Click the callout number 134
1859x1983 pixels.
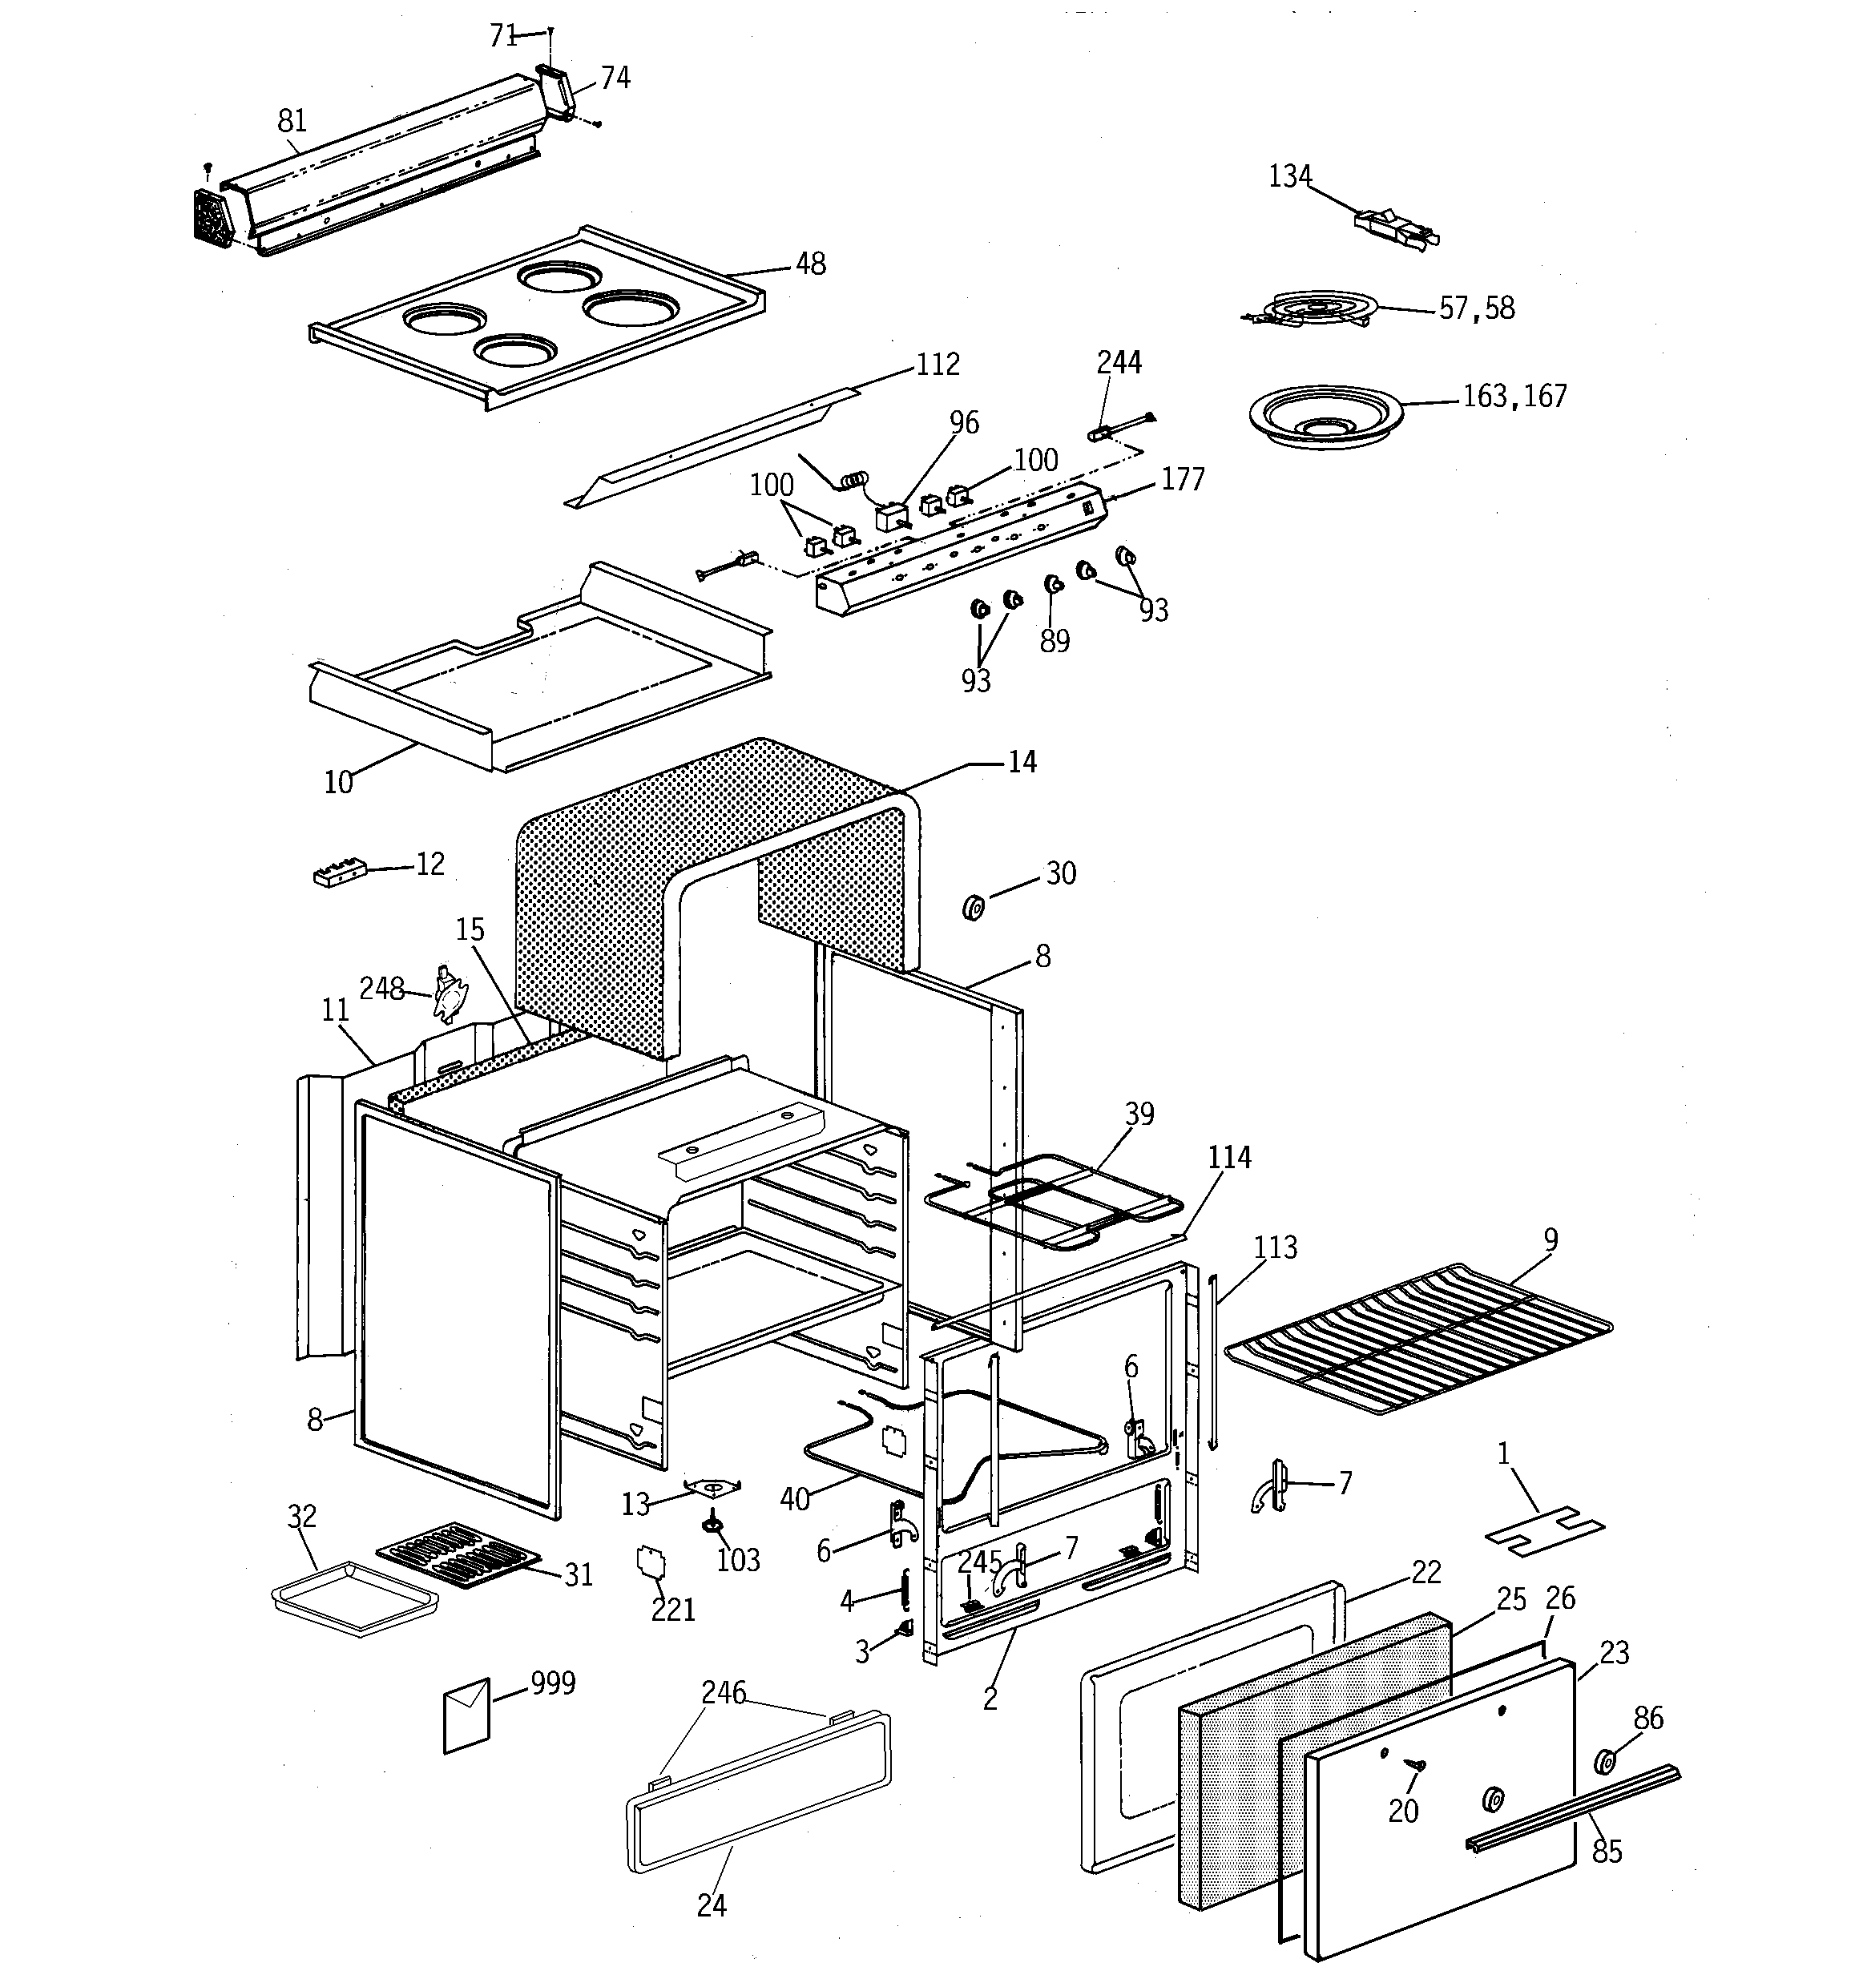point(1289,176)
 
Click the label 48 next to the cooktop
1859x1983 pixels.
point(810,264)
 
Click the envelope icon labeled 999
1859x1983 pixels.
point(466,1715)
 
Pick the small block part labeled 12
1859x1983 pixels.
point(339,874)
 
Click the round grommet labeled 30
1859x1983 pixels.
point(973,908)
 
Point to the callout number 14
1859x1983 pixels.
point(1022,762)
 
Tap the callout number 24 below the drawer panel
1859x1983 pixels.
point(711,1905)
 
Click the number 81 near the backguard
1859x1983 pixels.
point(292,122)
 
